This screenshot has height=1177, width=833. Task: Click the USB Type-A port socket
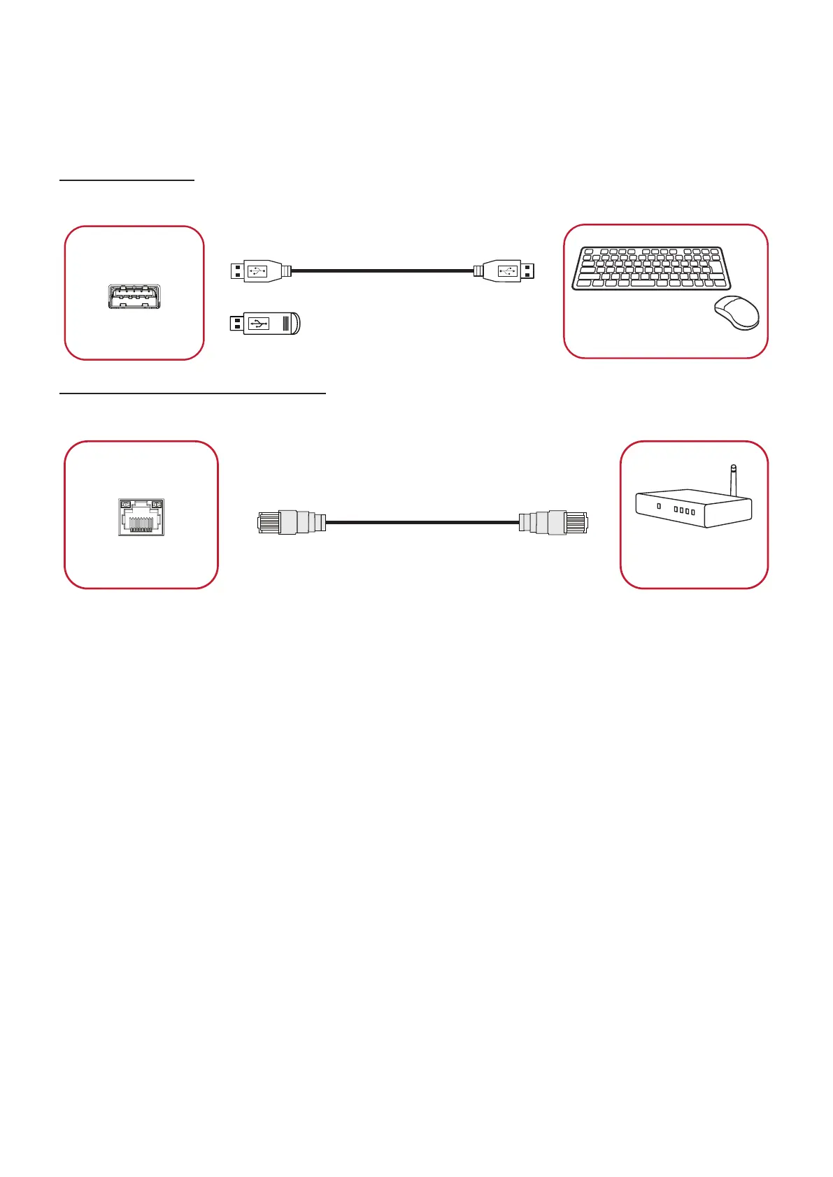pyautogui.click(x=134, y=296)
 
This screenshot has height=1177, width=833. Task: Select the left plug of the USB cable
pyautogui.click(x=259, y=270)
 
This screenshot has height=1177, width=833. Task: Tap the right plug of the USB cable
pyautogui.click(x=505, y=270)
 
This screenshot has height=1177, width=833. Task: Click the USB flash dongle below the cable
pyautogui.click(x=266, y=324)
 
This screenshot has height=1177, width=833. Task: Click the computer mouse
pyautogui.click(x=736, y=312)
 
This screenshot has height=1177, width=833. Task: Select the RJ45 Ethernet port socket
pyautogui.click(x=141, y=517)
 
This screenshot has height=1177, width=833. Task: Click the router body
pyautogui.click(x=692, y=509)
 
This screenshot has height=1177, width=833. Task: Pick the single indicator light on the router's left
pyautogui.click(x=659, y=505)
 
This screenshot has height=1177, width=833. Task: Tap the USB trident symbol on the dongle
pyautogui.click(x=259, y=324)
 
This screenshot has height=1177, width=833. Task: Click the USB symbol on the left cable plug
pyautogui.click(x=257, y=270)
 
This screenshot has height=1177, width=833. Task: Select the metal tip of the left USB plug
pyautogui.click(x=237, y=270)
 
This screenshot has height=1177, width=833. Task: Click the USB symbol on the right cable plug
pyautogui.click(x=508, y=270)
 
